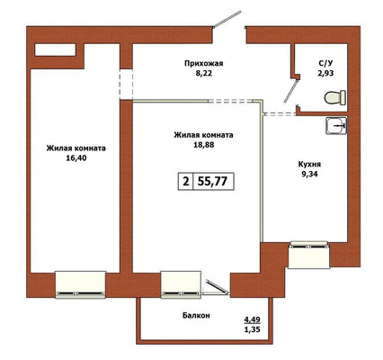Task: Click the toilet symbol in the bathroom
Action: (335, 97)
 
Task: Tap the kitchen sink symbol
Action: (336, 125)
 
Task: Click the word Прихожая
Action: (204, 64)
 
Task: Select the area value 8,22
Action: (204, 74)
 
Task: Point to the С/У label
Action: (325, 63)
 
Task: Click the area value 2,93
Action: (325, 73)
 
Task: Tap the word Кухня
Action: (309, 165)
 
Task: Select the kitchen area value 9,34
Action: (309, 174)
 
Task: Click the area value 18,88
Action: (204, 145)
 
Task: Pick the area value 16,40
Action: (76, 157)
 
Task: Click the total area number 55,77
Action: (212, 181)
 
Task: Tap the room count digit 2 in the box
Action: (186, 181)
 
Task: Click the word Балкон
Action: (196, 315)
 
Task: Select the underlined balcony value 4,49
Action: (252, 319)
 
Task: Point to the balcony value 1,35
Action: (252, 329)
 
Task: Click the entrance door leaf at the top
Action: (227, 19)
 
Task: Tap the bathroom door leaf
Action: (290, 91)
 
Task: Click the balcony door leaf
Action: (217, 287)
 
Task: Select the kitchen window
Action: (308, 255)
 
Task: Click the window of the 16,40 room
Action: (81, 284)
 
